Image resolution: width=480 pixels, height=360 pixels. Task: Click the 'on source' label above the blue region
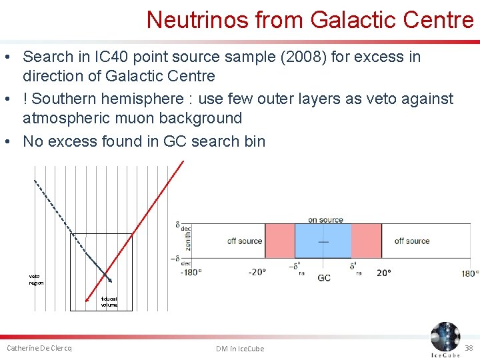click(x=325, y=219)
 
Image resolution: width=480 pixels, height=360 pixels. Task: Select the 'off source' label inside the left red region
click(x=245, y=241)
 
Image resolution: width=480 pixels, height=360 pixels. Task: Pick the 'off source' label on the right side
click(x=412, y=241)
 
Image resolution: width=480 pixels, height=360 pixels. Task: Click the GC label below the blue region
click(x=324, y=277)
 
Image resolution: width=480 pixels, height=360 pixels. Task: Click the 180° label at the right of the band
click(x=470, y=273)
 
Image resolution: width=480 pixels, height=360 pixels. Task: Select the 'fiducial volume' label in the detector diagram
click(x=109, y=302)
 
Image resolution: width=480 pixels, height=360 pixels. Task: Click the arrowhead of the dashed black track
click(x=109, y=279)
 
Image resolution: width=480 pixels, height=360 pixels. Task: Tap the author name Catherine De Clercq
click(x=39, y=348)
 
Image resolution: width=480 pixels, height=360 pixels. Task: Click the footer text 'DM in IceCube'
click(x=240, y=349)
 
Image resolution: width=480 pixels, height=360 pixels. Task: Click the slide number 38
click(x=469, y=347)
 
